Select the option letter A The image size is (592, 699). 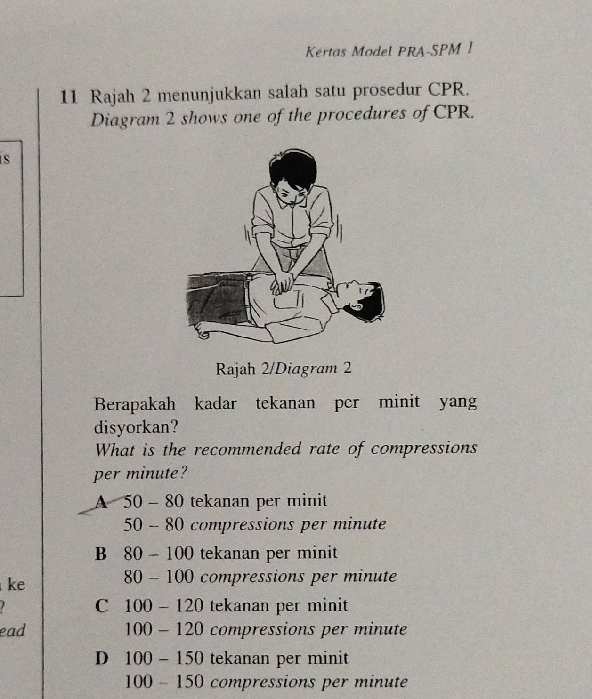pos(101,502)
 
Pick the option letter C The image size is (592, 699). pos(102,606)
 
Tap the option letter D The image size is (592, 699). pos(102,658)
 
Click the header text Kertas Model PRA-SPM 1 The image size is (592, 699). pos(389,51)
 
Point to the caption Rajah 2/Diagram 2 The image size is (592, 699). pos(284,368)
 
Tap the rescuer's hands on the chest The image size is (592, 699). pos(282,283)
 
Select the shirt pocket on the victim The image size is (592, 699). pos(288,301)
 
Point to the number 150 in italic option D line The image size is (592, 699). pos(190,682)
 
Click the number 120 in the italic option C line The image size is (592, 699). pos(190,629)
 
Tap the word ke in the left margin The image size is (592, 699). pos(16,584)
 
